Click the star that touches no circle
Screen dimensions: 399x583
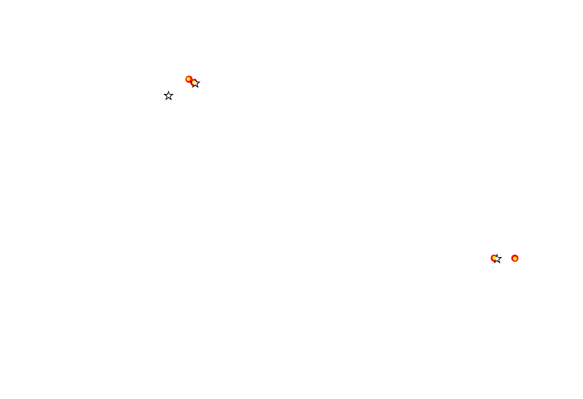(x=169, y=96)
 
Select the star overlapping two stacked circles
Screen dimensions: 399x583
(x=195, y=84)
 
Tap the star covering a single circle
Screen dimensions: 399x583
(x=497, y=259)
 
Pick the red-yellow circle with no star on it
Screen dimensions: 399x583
(x=515, y=258)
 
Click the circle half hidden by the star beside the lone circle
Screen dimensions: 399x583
(x=494, y=258)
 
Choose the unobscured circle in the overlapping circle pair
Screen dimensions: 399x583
(x=189, y=79)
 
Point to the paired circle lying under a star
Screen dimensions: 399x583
(x=193, y=82)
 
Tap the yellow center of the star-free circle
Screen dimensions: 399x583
(x=515, y=258)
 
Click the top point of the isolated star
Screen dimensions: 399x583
(x=169, y=91)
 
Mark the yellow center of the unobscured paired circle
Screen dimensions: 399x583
(x=189, y=79)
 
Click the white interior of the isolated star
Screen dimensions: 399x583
(x=169, y=96)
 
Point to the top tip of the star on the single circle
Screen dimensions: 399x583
(x=497, y=254)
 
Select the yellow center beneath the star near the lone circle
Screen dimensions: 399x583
(x=494, y=258)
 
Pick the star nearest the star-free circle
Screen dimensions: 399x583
(x=497, y=259)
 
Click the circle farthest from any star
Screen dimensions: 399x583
(x=515, y=258)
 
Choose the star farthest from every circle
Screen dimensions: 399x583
(x=169, y=96)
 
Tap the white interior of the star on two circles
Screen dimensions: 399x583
(x=195, y=84)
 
